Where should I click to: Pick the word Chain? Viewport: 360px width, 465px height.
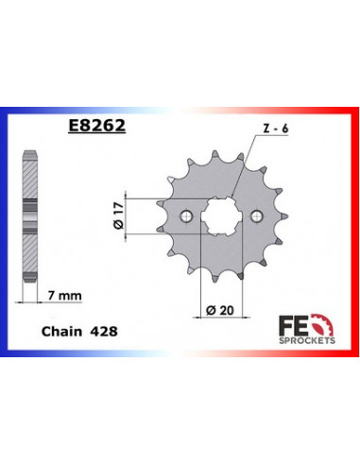(61, 334)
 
